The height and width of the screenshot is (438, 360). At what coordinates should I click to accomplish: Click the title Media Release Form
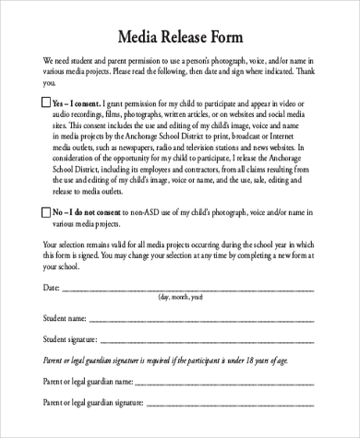[179, 38]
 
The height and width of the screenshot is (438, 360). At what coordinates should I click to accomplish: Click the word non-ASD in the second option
[141, 212]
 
